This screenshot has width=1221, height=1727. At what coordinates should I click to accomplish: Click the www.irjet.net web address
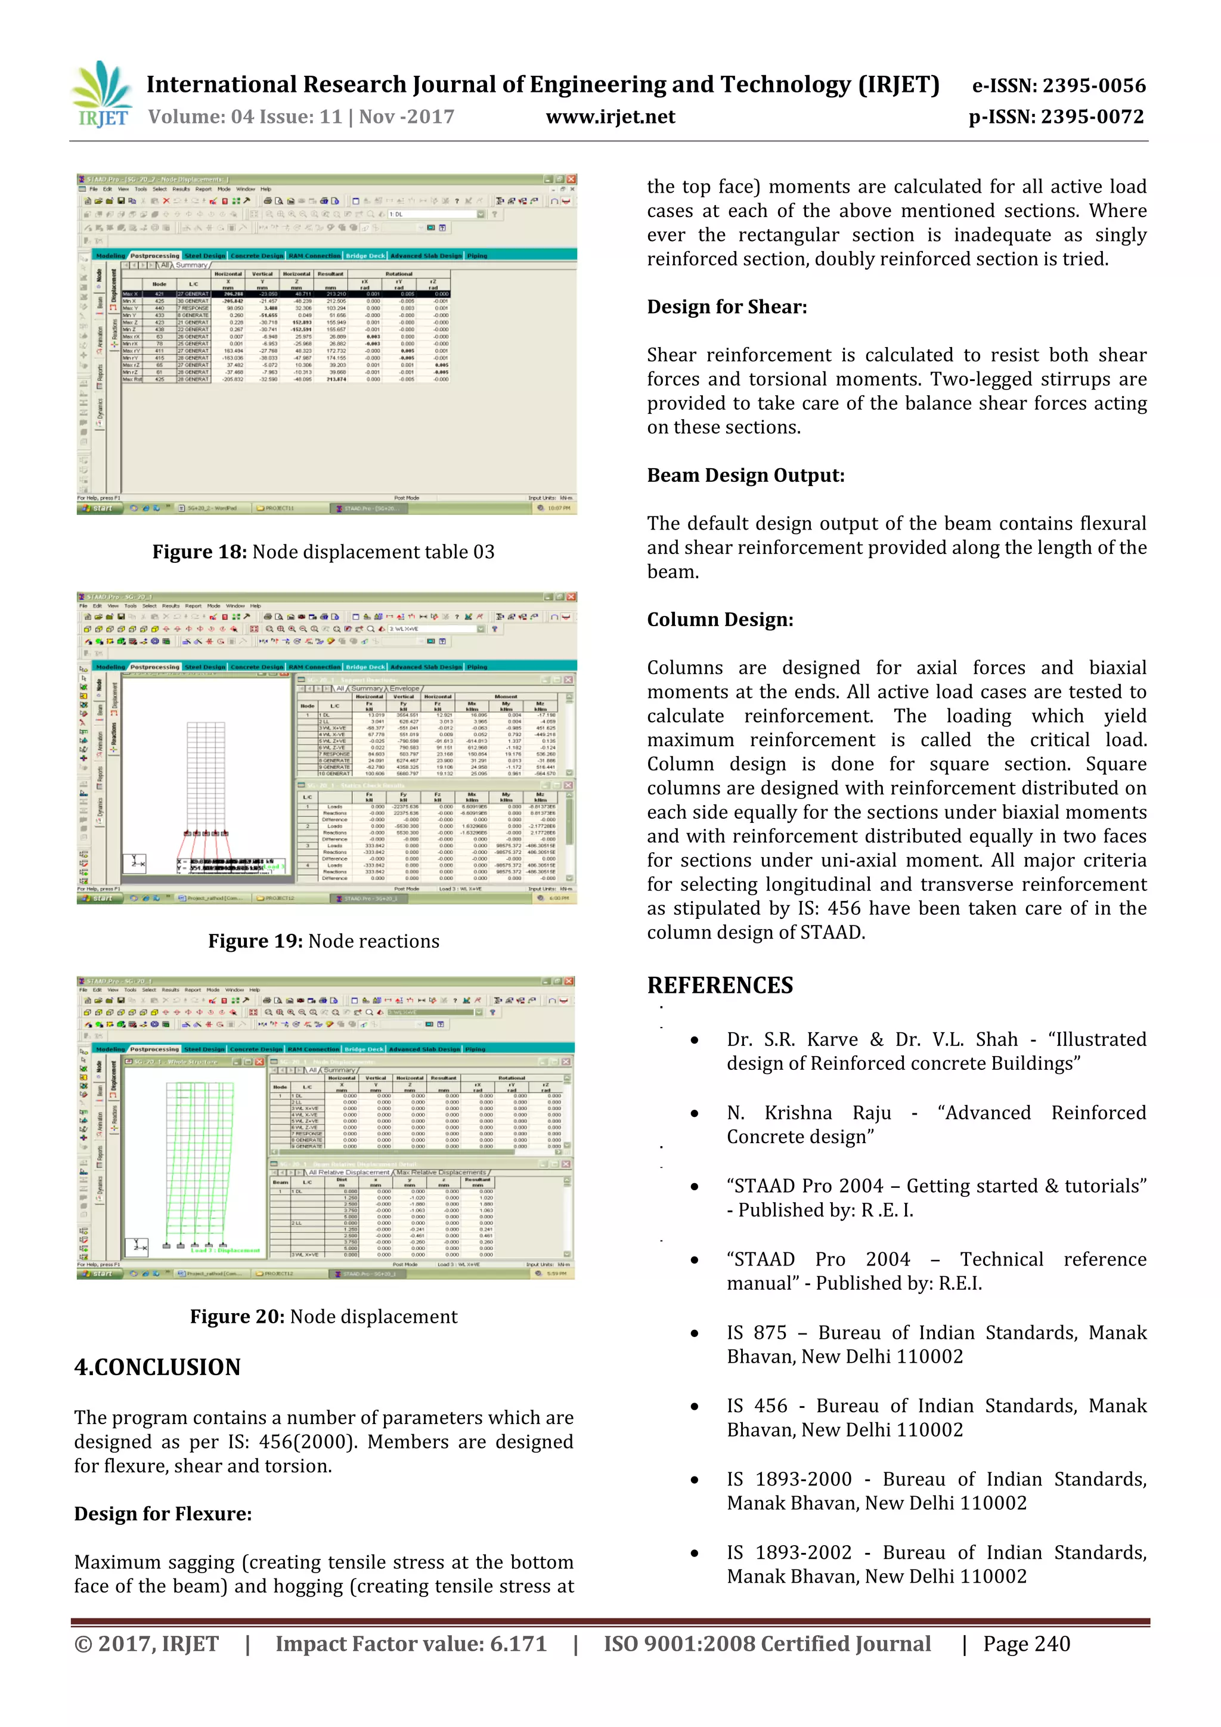(x=610, y=117)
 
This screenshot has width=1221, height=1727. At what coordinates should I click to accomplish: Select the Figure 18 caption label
(x=199, y=552)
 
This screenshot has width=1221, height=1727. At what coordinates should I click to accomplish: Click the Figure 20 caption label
(x=237, y=1316)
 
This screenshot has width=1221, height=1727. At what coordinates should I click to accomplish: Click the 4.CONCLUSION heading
(x=157, y=1367)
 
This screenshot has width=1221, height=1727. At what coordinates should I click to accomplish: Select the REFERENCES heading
(x=720, y=985)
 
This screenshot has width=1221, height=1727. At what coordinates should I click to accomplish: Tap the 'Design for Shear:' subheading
(x=726, y=307)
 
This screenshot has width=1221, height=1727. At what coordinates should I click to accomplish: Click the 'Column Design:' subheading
(x=720, y=620)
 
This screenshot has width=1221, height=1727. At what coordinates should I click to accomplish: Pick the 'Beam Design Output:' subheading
(x=745, y=475)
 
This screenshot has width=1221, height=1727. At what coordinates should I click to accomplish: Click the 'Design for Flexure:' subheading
(x=162, y=1514)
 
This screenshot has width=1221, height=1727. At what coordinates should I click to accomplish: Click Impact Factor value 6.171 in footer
(x=411, y=1644)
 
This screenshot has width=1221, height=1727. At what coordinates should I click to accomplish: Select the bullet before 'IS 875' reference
(x=695, y=1333)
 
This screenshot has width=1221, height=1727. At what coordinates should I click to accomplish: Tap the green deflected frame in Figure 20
(x=199, y=1158)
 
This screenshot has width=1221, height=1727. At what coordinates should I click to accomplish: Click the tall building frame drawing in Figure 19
(x=205, y=775)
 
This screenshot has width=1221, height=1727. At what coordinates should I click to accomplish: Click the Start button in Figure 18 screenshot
(x=98, y=509)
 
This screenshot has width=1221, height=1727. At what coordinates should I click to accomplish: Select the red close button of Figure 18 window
(x=571, y=179)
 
